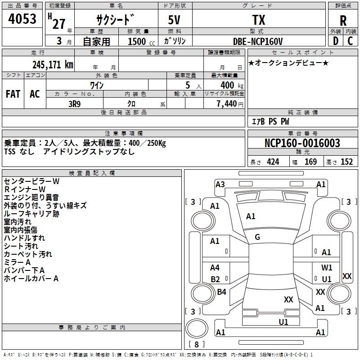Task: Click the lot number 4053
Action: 22,20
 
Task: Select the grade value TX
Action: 258,20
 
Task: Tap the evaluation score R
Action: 343,21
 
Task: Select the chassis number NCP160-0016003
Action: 302,144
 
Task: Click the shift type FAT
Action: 13,94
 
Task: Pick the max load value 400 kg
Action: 228,85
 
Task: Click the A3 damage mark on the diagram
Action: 220,184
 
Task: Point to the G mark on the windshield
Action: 257,237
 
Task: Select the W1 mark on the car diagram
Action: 327,268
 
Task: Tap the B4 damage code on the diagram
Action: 221,292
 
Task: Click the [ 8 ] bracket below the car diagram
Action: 197,344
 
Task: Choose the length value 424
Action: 273,162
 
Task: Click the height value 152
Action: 346,162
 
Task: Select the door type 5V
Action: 175,20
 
